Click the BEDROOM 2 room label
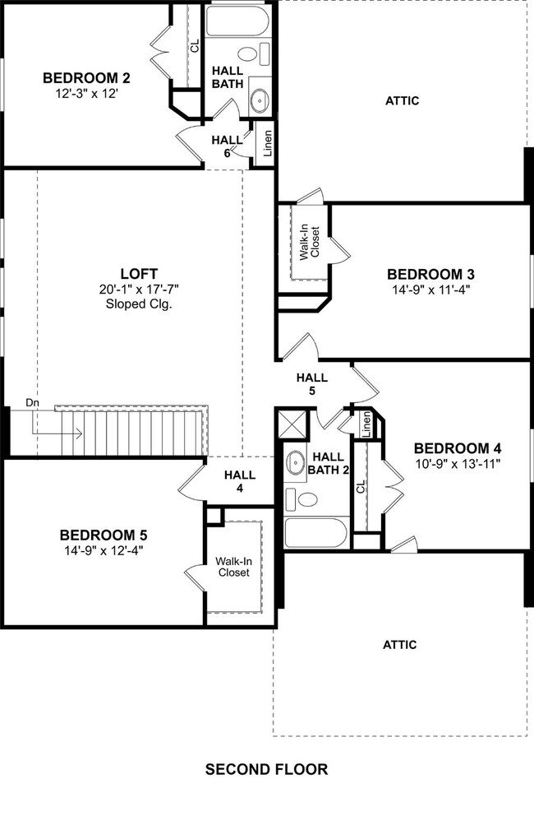tap(86, 78)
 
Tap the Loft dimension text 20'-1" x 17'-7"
tap(140, 289)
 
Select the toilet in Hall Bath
tap(253, 53)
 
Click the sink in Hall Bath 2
tap(296, 464)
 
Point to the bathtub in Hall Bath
tap(237, 21)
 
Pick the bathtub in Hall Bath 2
tap(315, 533)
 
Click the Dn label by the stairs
tap(33, 403)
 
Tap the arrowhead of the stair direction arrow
tap(80, 433)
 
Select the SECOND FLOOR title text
tap(266, 769)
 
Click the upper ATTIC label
tap(402, 100)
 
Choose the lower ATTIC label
tap(399, 645)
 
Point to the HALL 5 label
tap(312, 384)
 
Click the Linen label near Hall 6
tap(268, 144)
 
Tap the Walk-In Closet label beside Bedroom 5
tap(234, 568)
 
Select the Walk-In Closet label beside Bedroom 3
tap(310, 242)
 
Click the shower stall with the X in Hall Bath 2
tap(291, 423)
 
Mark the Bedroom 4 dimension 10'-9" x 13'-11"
tap(458, 464)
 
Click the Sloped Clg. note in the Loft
tap(140, 304)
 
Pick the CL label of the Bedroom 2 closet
tap(195, 46)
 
